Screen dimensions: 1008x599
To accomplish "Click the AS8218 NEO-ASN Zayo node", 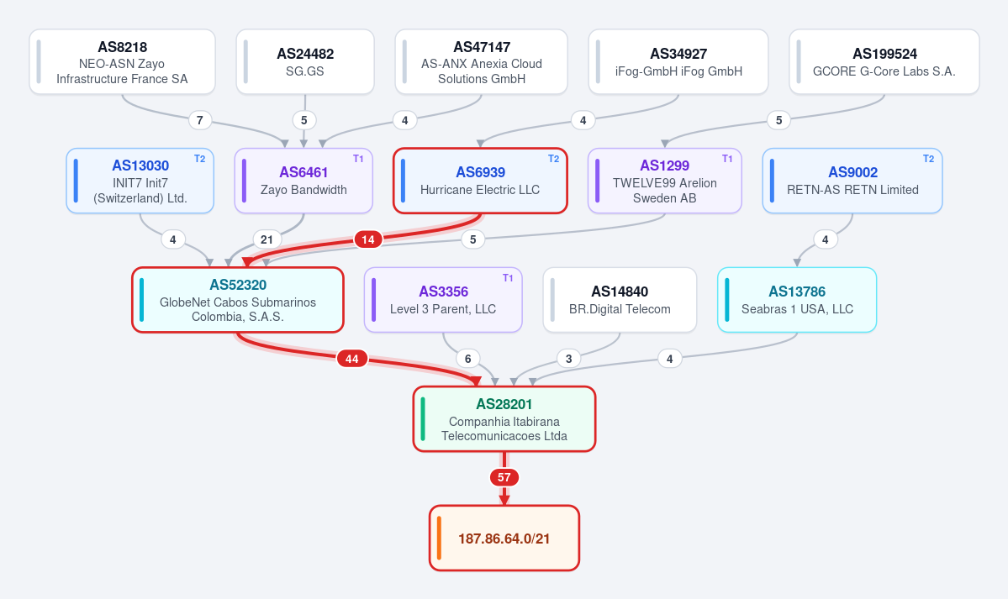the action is point(122,61).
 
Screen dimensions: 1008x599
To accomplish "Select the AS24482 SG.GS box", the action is point(305,61).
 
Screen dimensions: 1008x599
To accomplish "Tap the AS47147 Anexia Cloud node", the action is point(482,61).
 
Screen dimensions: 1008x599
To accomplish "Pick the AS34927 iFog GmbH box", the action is point(678,61).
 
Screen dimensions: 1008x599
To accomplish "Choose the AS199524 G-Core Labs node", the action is point(884,61).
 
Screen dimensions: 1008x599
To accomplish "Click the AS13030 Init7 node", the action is point(140,181).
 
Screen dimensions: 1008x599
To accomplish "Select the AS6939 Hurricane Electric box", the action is point(480,181).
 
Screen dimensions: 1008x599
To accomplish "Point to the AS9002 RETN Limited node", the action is point(852,181).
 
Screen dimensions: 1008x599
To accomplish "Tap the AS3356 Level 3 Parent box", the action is point(443,300).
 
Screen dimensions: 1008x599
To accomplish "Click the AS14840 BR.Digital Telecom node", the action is point(620,300).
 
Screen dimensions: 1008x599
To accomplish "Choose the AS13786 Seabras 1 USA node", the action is point(797,300).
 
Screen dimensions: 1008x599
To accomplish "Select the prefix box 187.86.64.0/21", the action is point(504,538).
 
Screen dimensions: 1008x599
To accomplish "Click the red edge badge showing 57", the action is point(504,477).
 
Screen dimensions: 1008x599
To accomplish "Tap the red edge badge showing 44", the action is point(351,359).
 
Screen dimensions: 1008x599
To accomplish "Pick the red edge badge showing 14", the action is point(367,239).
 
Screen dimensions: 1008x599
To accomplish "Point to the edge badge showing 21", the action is point(267,239).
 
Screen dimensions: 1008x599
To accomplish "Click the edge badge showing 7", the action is point(200,120).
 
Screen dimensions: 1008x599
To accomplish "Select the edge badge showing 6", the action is point(468,359).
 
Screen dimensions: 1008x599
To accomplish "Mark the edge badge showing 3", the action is point(569,359).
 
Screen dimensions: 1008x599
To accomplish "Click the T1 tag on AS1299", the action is point(727,159).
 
